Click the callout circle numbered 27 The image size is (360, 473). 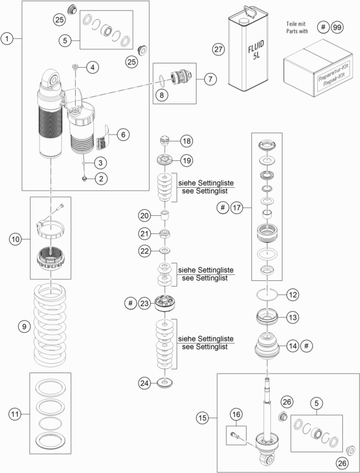(x=218, y=49)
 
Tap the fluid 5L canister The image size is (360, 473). (x=248, y=49)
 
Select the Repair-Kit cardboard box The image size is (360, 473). (x=318, y=68)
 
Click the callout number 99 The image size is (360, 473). (x=337, y=27)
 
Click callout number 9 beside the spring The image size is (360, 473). (x=24, y=326)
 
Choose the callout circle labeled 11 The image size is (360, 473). (x=15, y=414)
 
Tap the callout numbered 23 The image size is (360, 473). (x=145, y=303)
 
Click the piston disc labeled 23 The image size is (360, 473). (x=165, y=304)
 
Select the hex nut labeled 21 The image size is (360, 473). (x=165, y=234)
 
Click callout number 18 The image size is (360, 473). (x=187, y=141)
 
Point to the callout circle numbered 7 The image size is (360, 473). (x=210, y=79)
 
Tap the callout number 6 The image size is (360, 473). (x=123, y=134)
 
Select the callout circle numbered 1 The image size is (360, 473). (x=7, y=38)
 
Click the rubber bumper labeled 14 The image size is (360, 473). (x=267, y=346)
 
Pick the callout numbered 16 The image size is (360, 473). (x=236, y=414)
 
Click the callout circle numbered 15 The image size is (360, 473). (x=203, y=418)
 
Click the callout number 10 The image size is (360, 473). (x=15, y=239)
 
